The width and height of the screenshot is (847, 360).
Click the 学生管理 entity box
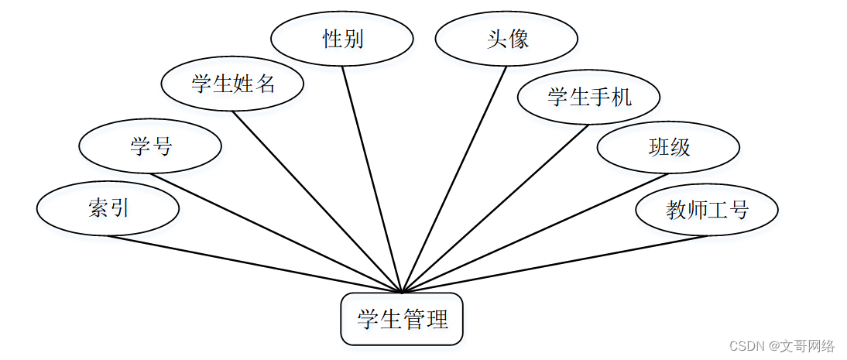click(402, 319)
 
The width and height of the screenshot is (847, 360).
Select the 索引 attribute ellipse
click(108, 208)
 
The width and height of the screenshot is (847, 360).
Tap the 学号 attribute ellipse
click(151, 146)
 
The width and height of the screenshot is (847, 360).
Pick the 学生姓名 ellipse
click(233, 84)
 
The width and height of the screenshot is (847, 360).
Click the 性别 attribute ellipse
click(342, 39)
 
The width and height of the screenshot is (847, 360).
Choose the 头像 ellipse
click(507, 39)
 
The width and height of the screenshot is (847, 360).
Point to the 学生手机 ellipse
click(589, 98)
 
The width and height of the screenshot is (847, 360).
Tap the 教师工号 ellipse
click(707, 210)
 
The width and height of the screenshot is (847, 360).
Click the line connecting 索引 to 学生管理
click(255, 264)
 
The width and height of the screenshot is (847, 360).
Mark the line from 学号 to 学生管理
click(276, 233)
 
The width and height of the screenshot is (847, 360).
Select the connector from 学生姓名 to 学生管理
click(317, 202)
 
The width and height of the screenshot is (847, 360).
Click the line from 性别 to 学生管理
click(372, 180)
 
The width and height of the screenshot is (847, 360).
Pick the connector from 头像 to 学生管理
click(454, 180)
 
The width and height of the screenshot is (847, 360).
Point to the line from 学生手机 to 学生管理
click(496, 208)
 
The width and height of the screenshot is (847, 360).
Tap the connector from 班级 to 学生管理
click(535, 233)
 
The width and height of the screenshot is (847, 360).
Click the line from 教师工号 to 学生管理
click(554, 264)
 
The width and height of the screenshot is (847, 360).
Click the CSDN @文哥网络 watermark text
click(782, 346)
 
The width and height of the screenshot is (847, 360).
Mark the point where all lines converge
click(403, 292)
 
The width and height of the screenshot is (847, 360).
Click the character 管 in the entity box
click(413, 319)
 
